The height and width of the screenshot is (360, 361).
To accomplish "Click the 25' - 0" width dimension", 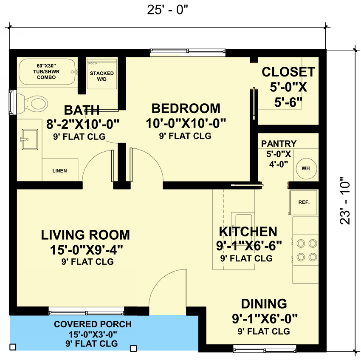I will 168,10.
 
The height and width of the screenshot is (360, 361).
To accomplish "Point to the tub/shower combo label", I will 47,71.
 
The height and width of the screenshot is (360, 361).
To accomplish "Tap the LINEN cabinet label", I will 59,171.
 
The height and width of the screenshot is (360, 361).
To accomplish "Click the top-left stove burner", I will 301,244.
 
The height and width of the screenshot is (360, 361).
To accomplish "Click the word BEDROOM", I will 186,108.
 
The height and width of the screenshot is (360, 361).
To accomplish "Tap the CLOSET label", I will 288,72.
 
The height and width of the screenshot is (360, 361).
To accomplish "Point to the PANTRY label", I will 279,144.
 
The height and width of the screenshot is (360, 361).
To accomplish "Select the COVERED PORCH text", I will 93,324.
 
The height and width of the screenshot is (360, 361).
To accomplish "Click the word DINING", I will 264,304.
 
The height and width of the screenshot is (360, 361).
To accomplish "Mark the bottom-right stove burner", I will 313,257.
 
